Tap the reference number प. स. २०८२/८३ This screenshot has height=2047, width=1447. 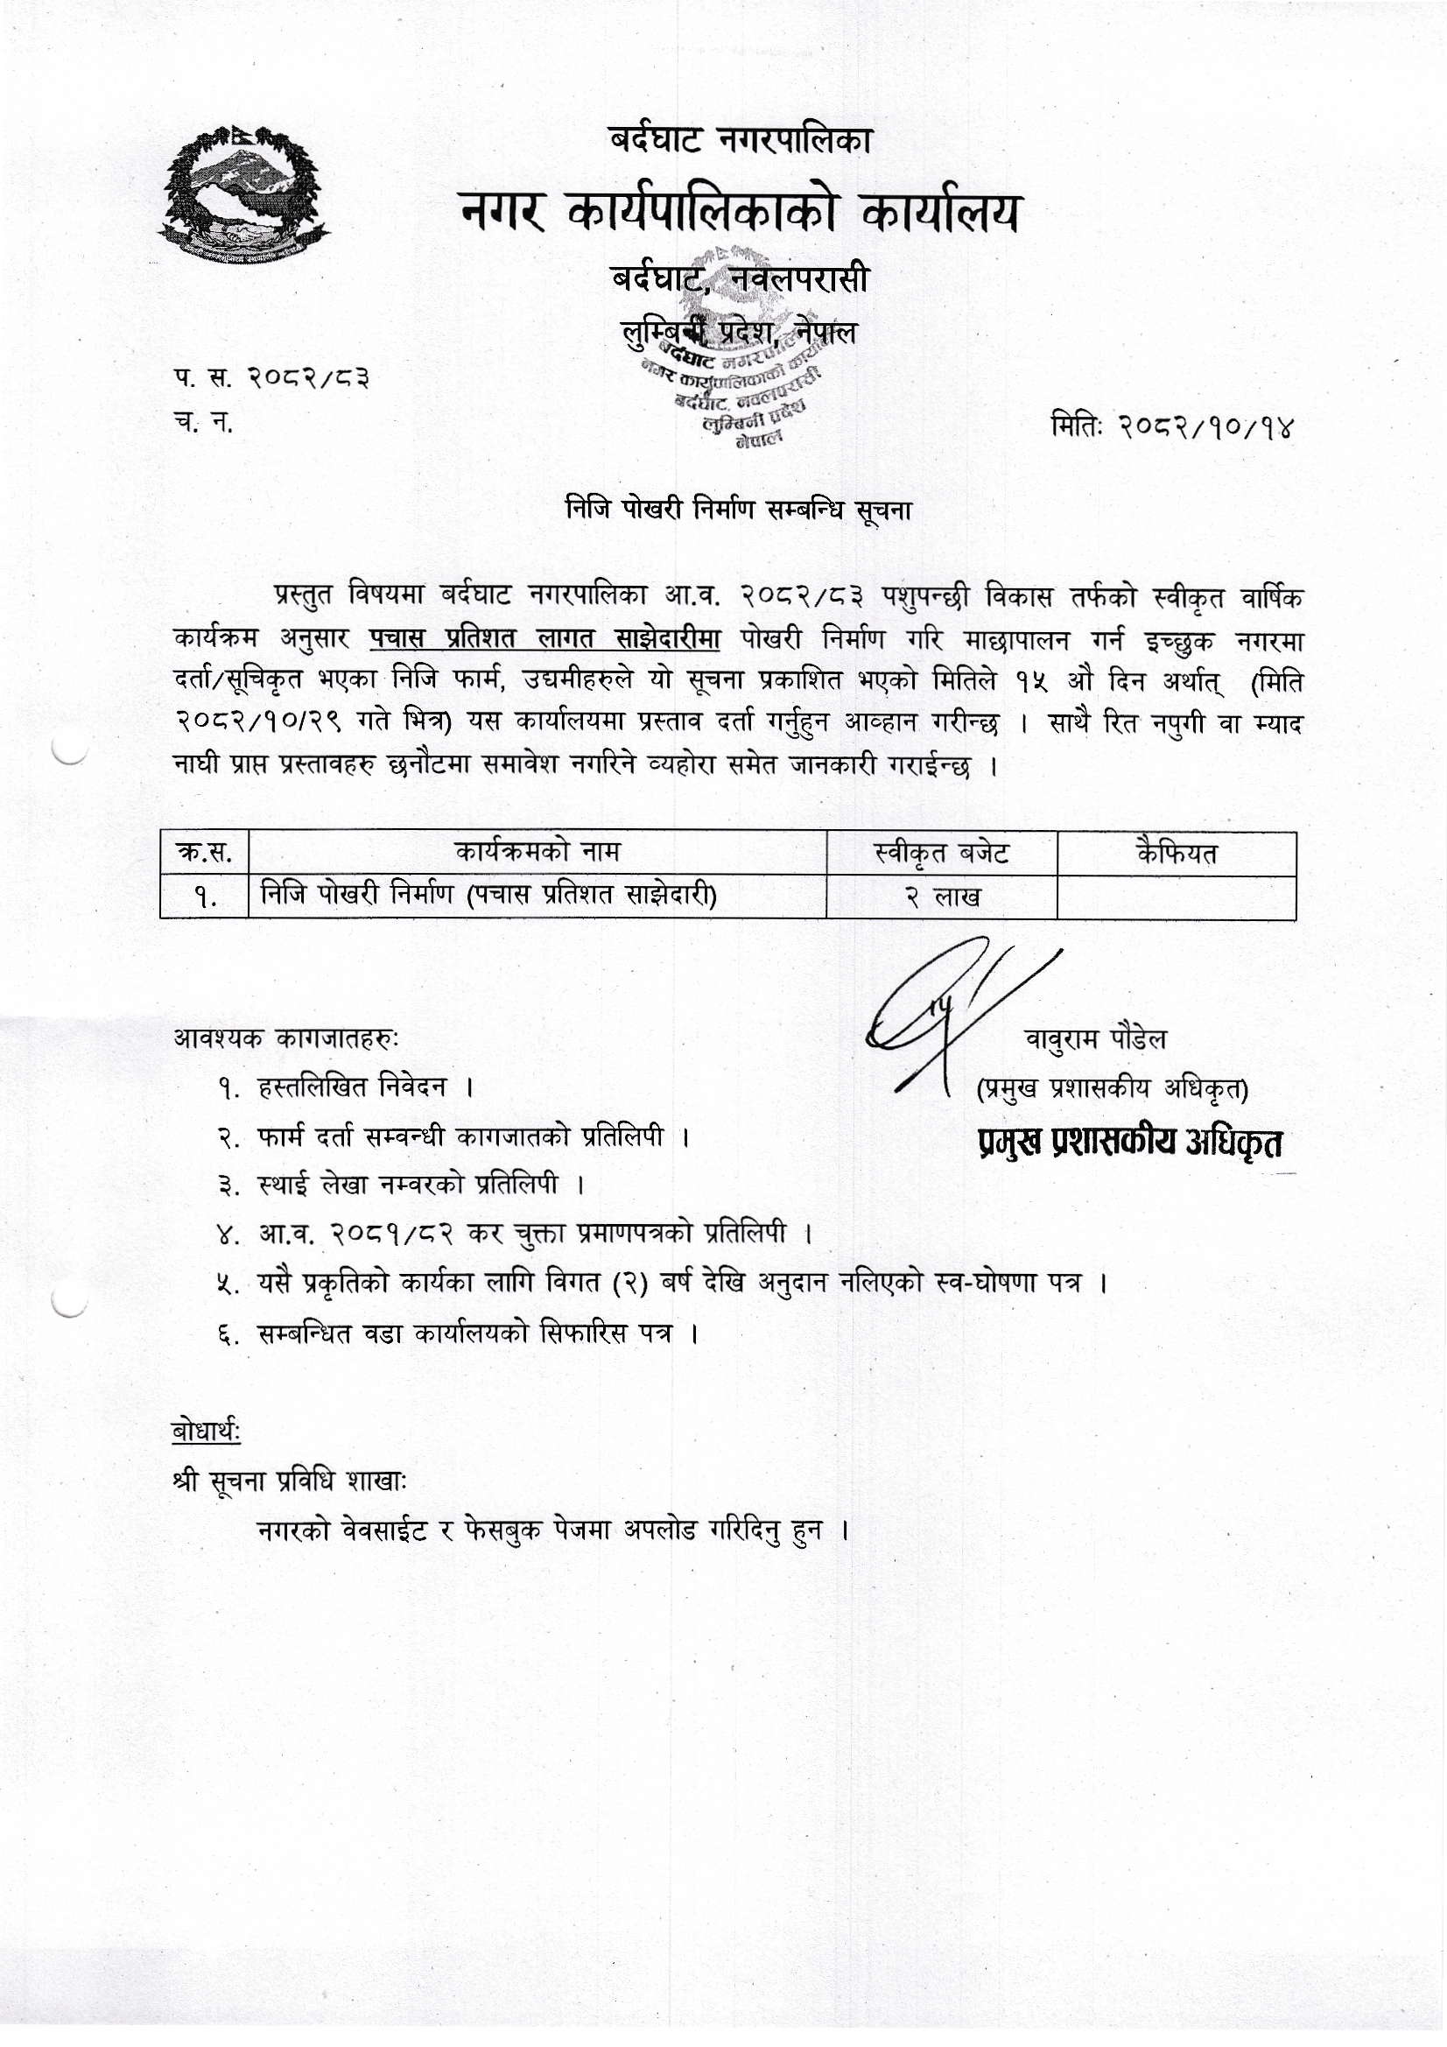272,379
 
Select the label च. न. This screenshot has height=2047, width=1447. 204,424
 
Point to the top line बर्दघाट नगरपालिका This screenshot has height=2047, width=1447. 739,141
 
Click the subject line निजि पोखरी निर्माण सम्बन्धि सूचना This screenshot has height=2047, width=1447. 739,510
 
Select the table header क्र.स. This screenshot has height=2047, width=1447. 204,854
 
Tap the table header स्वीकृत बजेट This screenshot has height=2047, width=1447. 942,854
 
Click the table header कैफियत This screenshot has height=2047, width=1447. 1176,854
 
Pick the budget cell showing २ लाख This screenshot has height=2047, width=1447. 942,897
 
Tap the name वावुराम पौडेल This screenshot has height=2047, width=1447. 1095,1039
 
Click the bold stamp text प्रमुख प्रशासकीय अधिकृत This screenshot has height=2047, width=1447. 1129,1143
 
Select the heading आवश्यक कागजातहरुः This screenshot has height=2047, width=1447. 287,1038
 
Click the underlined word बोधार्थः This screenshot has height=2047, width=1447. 206,1432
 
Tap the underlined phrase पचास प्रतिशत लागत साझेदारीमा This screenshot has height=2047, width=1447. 544,639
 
